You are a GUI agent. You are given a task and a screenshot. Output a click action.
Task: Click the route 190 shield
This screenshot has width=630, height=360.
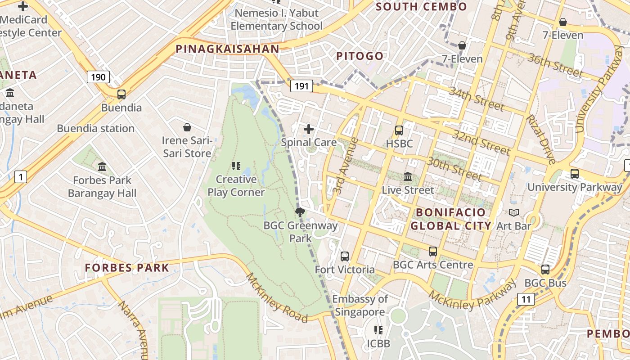click(98, 77)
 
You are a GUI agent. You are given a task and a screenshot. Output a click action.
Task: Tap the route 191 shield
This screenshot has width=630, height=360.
click(301, 86)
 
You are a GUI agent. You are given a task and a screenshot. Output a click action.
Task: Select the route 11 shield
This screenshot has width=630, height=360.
click(526, 299)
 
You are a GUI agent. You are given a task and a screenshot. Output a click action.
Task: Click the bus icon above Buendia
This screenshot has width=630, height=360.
click(121, 94)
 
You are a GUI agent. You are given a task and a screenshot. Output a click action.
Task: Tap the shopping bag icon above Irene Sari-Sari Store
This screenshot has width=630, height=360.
click(187, 128)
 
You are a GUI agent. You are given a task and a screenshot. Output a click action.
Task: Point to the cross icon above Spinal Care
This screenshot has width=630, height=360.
click(309, 130)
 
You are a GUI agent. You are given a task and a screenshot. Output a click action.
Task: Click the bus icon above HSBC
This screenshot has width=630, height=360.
click(399, 130)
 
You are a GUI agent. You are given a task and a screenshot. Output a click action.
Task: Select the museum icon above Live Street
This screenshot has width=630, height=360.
click(408, 176)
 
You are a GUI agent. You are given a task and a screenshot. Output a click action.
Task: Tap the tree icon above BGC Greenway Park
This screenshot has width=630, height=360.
click(300, 212)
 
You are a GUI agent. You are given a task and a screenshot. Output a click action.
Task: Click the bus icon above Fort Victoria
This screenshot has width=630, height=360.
click(345, 256)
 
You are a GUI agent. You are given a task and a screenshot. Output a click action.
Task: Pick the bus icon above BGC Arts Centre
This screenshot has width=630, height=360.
click(433, 252)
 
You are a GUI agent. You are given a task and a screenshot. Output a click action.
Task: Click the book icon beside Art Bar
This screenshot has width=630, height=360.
click(513, 212)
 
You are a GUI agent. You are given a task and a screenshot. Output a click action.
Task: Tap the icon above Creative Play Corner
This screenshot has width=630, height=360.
click(236, 166)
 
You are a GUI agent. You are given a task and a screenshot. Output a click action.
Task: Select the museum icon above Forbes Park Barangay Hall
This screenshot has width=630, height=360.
click(102, 167)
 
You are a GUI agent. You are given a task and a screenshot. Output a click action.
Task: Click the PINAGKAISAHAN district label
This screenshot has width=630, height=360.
click(227, 49)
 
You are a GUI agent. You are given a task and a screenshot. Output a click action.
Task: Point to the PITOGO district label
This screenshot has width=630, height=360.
click(360, 56)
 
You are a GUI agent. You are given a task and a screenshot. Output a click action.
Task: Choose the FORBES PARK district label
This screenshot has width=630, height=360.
click(127, 268)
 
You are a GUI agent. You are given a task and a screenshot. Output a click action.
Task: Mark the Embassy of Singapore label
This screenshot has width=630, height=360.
click(360, 306)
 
